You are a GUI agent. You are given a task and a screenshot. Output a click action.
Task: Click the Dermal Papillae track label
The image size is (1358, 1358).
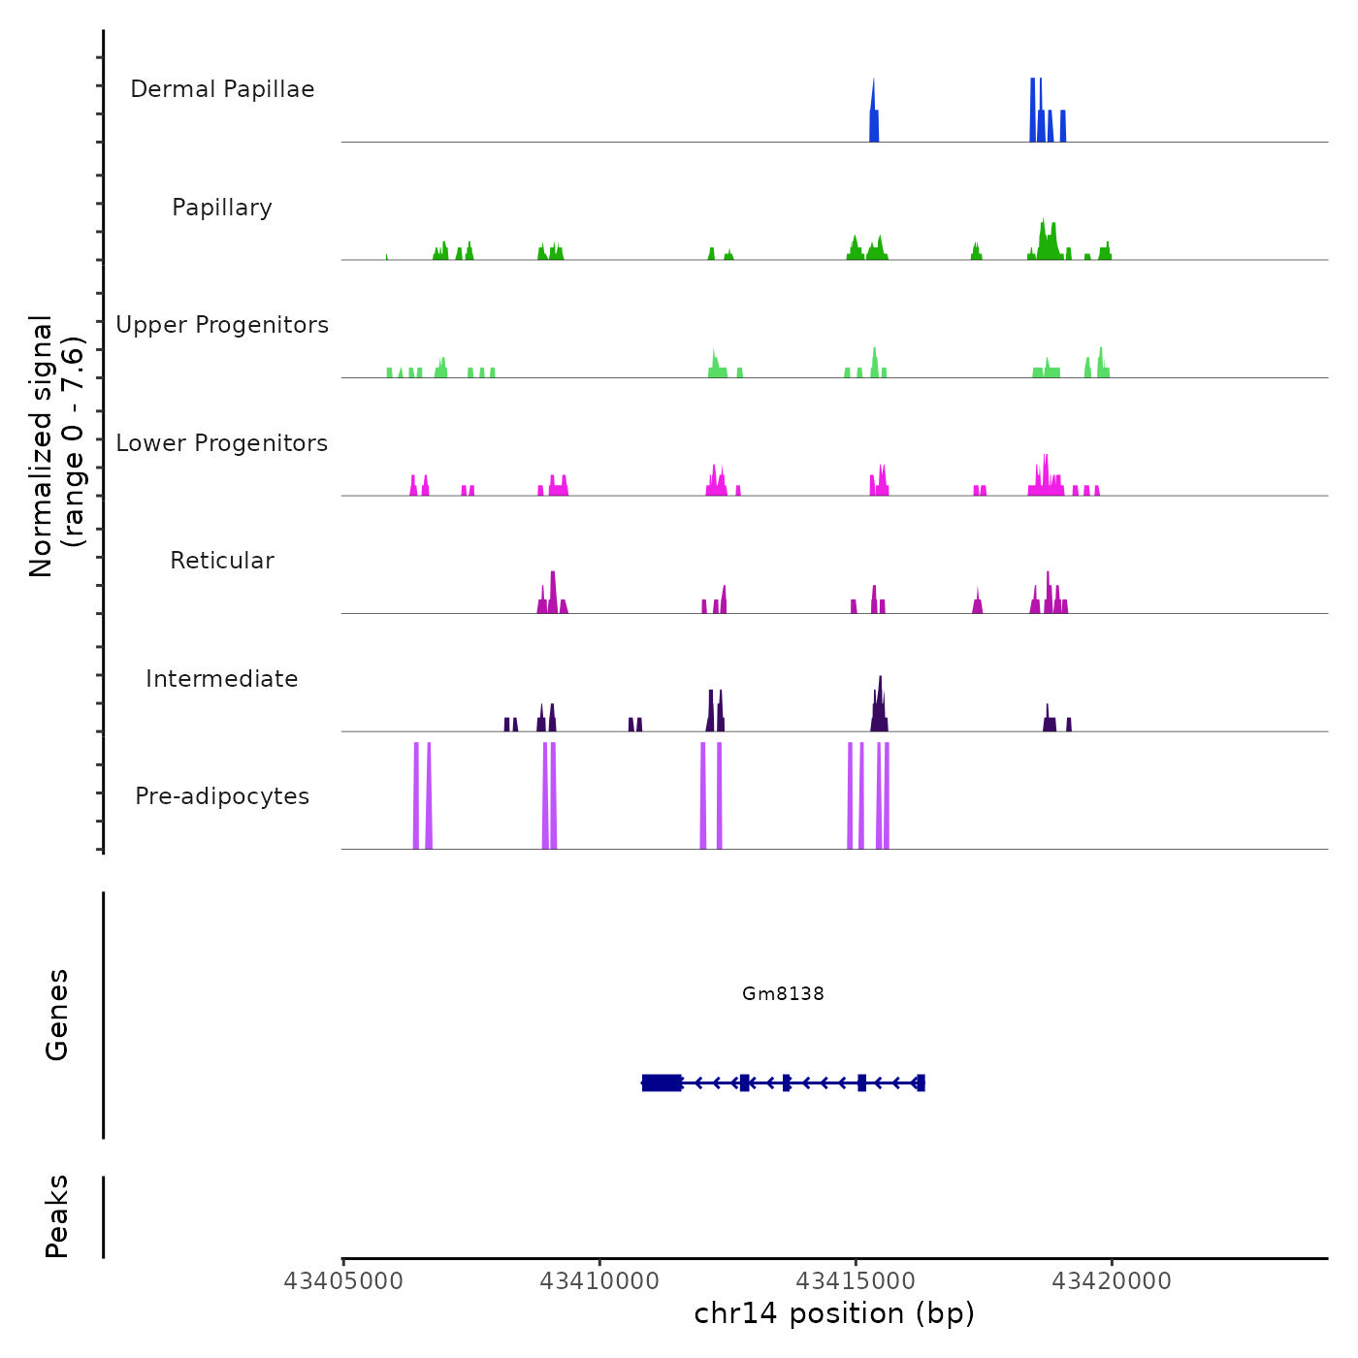(222, 89)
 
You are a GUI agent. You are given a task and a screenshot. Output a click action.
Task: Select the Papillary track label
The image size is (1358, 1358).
(222, 208)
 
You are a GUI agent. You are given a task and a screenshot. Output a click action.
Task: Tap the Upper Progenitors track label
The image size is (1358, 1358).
(222, 325)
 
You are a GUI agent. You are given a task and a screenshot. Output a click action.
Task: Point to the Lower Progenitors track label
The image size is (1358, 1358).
(222, 443)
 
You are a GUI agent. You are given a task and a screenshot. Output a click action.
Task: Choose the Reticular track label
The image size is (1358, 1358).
(222, 561)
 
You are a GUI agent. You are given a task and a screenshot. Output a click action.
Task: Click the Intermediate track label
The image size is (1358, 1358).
(222, 679)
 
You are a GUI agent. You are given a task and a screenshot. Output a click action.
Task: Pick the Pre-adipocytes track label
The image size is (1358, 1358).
(222, 796)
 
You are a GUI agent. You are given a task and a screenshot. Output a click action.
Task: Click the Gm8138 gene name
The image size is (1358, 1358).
(783, 993)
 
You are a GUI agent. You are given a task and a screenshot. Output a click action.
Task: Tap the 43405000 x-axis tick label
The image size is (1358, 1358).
(342, 1281)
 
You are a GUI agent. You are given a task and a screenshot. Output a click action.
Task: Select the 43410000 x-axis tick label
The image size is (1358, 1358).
(599, 1281)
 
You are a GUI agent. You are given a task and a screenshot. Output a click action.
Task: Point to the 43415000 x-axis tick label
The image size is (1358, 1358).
(856, 1281)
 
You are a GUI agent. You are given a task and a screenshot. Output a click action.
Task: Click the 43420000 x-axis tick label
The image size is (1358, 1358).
(1112, 1281)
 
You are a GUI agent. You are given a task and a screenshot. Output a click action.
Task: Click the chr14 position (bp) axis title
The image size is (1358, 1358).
(834, 1313)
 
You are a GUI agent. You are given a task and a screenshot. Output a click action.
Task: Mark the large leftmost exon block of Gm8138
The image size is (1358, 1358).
(662, 1083)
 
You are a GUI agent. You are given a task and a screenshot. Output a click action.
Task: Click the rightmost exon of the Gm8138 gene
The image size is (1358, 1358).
(921, 1083)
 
